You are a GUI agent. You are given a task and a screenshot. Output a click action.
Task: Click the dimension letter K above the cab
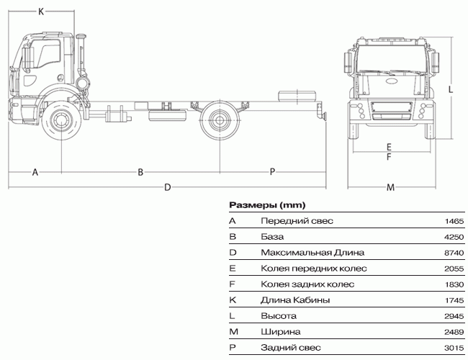point(41,12)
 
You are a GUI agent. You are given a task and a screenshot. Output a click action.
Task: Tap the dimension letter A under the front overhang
point(35,172)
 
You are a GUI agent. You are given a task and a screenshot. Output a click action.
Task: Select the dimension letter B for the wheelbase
point(140,172)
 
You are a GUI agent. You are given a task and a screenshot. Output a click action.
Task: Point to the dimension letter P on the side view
point(272,172)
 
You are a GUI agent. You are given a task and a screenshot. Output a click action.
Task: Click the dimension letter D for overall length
point(168,187)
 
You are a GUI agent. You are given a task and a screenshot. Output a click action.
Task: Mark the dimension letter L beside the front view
point(451,89)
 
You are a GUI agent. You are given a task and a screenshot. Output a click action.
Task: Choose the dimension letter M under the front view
point(390,187)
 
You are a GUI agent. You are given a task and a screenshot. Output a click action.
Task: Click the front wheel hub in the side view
point(61,120)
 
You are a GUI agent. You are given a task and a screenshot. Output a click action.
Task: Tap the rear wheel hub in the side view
point(220,120)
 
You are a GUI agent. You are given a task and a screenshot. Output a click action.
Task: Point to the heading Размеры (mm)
point(267,205)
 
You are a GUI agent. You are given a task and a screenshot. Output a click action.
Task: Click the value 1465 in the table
point(454,221)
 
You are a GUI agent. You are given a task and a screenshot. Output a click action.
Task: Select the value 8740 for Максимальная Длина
point(454,253)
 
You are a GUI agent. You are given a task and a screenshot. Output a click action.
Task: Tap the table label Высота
point(279,316)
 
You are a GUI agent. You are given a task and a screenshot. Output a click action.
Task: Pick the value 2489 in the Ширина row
point(454,332)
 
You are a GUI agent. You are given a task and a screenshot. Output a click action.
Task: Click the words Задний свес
point(291,348)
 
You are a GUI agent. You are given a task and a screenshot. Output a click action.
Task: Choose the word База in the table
point(272,237)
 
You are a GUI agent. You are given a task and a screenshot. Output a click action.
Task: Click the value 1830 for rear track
point(454,284)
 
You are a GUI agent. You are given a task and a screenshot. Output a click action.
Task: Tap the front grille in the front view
point(391,107)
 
